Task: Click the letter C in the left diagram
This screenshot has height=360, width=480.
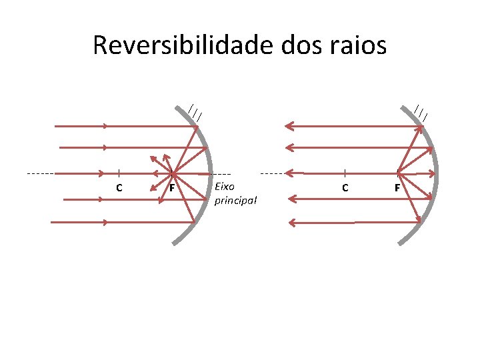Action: (119, 188)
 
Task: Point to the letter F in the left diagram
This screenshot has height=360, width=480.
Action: (172, 188)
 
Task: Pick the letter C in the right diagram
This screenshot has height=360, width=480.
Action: (345, 188)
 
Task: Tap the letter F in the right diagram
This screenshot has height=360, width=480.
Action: (397, 188)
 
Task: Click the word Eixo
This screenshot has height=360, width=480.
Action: (225, 186)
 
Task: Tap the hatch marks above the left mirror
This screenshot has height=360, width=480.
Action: (195, 112)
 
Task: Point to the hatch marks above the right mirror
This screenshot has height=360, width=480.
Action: (421, 112)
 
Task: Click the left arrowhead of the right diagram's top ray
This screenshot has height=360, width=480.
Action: (288, 125)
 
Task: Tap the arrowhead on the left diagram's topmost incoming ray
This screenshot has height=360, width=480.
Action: (105, 125)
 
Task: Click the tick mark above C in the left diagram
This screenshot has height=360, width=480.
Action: (119, 173)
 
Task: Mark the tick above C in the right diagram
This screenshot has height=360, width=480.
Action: (345, 173)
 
